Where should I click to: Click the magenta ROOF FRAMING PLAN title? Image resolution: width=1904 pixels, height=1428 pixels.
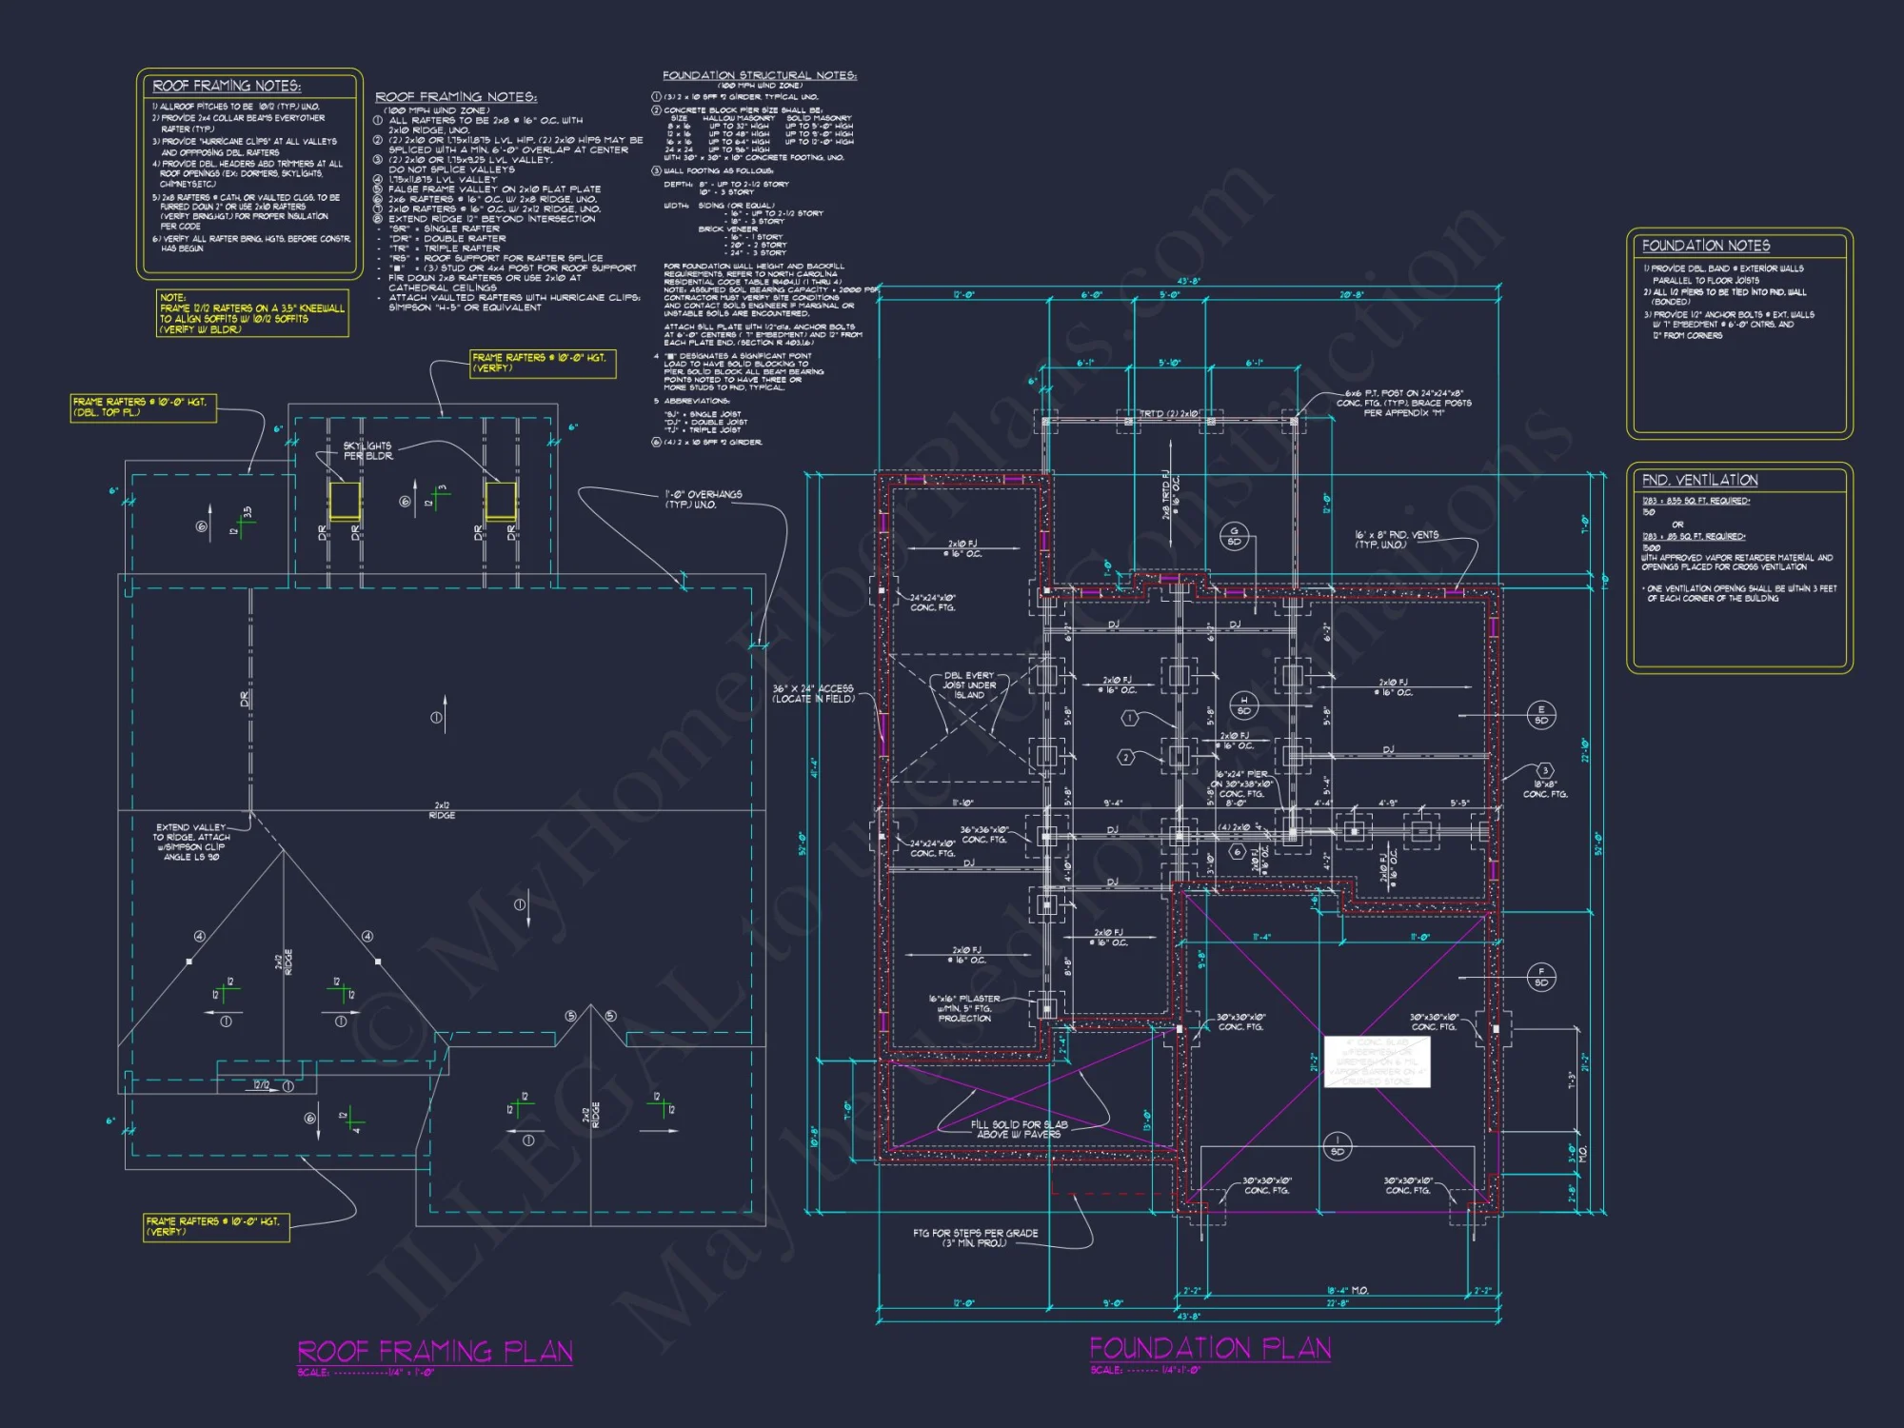[x=435, y=1351]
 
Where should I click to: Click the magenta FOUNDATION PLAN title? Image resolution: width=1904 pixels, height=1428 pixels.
[x=1209, y=1347]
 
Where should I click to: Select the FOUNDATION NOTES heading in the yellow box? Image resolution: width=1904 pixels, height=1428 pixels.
[x=1705, y=246]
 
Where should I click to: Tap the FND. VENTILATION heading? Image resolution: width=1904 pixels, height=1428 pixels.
[x=1699, y=480]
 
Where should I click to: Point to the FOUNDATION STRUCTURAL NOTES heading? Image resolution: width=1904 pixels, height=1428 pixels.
[x=759, y=75]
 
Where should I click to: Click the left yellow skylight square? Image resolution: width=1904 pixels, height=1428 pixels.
[x=345, y=500]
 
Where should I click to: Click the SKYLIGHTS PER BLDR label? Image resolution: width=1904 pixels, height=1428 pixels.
[x=367, y=450]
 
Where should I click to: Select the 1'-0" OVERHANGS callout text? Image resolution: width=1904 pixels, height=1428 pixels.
[x=703, y=499]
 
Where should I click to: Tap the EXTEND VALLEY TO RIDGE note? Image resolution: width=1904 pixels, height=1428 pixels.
[x=191, y=842]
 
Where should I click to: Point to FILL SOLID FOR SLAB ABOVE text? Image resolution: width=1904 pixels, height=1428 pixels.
[x=1019, y=1129]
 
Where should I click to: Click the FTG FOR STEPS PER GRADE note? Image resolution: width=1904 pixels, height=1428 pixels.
[x=975, y=1238]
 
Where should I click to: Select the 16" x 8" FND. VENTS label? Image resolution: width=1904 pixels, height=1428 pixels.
[x=1397, y=540]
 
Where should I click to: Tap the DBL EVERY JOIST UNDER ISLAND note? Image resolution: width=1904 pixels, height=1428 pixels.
[x=968, y=684]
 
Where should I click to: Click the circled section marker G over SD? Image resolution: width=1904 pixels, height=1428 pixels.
[x=1234, y=536]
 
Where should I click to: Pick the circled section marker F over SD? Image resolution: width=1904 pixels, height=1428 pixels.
[x=1540, y=976]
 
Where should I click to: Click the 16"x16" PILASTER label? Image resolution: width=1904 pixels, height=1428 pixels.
[x=964, y=1008]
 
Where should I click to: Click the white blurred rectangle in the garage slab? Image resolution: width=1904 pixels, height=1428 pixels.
[x=1377, y=1061]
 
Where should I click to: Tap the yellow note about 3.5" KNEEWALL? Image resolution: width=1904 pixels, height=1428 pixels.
[x=252, y=313]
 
